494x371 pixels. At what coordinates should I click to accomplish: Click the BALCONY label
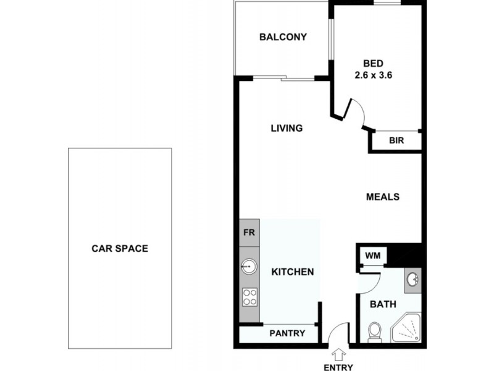point(283,37)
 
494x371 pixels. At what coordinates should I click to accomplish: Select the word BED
point(374,63)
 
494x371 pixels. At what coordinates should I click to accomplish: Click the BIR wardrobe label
point(396,141)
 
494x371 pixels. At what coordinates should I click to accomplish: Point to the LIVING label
point(287,129)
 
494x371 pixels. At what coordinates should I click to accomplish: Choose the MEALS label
point(383,197)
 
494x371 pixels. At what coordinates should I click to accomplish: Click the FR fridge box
point(250,234)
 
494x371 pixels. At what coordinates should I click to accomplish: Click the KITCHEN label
point(293,271)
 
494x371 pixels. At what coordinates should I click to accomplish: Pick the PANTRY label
point(287,333)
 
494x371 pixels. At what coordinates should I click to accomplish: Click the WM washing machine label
point(372,255)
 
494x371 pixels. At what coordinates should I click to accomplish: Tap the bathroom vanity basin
point(413,281)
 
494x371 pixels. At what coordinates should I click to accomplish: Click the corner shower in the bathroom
point(407,328)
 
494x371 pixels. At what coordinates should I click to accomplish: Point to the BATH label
point(382,304)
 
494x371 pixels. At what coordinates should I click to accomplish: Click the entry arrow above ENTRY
point(338,354)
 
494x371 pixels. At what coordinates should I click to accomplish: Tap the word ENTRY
point(338,367)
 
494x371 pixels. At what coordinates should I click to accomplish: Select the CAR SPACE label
point(120,249)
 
